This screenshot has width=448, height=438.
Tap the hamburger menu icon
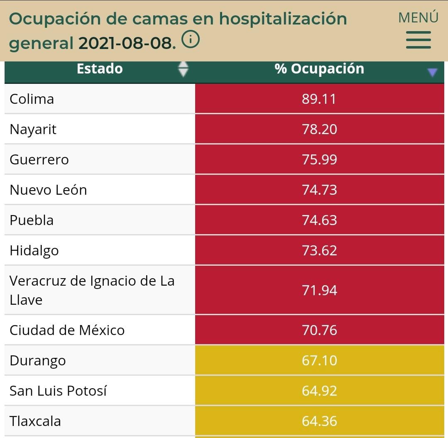pos(418,40)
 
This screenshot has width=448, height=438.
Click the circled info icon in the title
pos(191,40)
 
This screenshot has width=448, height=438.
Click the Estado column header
pos(100,69)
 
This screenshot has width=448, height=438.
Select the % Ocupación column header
pos(319,69)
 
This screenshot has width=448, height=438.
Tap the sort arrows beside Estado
pos(183,69)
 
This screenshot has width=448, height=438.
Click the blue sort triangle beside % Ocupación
pos(432,73)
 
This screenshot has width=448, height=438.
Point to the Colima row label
pos(32,99)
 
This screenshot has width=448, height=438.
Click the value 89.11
pos(319,99)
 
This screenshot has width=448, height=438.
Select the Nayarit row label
pos(33,130)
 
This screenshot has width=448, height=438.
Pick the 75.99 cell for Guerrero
pos(319,160)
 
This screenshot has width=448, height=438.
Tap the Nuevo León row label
pos(48,190)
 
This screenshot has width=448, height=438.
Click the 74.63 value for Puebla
pos(319,220)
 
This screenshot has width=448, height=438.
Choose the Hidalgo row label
pos(34,251)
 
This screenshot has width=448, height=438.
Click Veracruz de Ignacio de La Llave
pos(92,290)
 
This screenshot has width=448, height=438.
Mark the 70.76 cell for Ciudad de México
pos(319,330)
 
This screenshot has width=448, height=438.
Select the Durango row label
pos(38,361)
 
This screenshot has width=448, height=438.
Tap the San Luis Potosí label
pos(58,391)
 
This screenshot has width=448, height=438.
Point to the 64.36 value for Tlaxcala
pos(319,421)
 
